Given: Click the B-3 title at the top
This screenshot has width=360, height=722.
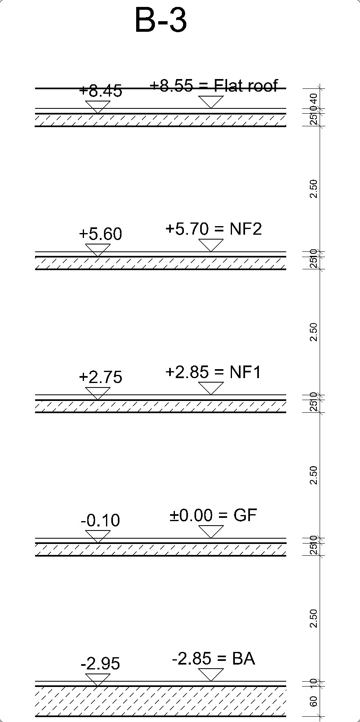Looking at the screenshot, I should pyautogui.click(x=161, y=21).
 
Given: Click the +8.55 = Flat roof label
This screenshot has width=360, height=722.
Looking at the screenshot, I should pyautogui.click(x=214, y=86).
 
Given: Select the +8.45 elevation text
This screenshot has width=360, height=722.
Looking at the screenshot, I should pyautogui.click(x=101, y=91).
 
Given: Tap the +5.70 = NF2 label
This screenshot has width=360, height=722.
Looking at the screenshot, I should pyautogui.click(x=214, y=229).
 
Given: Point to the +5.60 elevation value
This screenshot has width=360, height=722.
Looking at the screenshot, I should pyautogui.click(x=100, y=234).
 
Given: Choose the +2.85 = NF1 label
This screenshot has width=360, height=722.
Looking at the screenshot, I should pyautogui.click(x=213, y=372).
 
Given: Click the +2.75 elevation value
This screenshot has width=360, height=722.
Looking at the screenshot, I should pyautogui.click(x=100, y=377).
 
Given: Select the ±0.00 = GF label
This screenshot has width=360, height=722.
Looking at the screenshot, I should pyautogui.click(x=213, y=515).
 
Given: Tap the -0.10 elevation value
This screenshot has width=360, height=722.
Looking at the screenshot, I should pyautogui.click(x=100, y=521).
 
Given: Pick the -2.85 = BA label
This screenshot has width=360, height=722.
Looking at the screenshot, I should pyautogui.click(x=213, y=659).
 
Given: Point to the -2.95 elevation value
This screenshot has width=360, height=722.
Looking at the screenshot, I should pyautogui.click(x=100, y=664).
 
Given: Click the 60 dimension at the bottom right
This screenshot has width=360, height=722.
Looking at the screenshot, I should pyautogui.click(x=314, y=702).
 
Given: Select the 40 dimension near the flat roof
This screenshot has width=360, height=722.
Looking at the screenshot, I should pyautogui.click(x=314, y=98).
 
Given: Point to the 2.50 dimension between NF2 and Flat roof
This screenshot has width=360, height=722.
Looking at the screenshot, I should pyautogui.click(x=314, y=189).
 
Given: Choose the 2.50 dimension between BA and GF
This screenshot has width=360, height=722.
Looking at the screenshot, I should pyautogui.click(x=314, y=619).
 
